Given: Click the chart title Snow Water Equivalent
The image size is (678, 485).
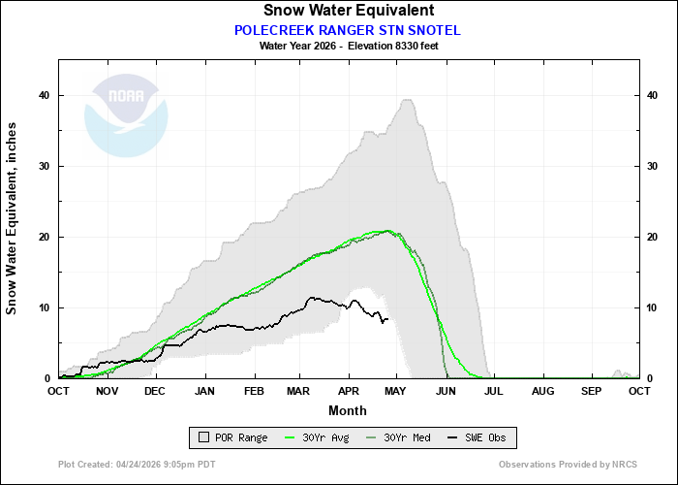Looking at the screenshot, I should [348, 11].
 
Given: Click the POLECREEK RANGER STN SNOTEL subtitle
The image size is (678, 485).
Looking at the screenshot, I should [348, 30].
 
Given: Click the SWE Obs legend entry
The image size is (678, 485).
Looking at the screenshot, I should [474, 438].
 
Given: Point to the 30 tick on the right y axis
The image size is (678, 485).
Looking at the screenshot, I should [652, 166].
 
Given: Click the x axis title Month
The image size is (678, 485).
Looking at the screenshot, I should [348, 409].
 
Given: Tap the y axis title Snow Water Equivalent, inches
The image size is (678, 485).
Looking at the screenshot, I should [13, 217].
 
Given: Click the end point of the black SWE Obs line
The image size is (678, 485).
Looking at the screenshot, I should [387, 319].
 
